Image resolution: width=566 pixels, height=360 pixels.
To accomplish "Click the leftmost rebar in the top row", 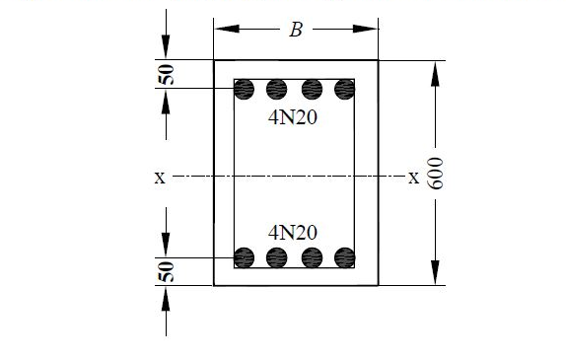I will pos(244,90).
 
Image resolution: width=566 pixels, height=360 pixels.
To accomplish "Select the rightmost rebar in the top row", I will pos(344,90).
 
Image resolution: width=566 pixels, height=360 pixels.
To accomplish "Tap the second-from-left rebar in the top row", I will pos(277,90).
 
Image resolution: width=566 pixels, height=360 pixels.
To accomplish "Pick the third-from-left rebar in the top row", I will pos(311,90).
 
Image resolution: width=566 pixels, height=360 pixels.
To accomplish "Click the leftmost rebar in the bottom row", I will pos(244,257).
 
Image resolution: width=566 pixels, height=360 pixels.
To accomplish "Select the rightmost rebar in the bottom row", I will pos(344,257).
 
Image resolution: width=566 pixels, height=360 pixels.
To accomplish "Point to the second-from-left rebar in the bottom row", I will pos(277,257).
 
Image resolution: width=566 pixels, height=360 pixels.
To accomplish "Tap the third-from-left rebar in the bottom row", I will pos(311,257).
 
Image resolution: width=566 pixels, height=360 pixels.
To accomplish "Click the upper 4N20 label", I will pos(293,116).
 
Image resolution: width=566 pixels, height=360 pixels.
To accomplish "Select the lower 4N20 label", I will pos(293,233).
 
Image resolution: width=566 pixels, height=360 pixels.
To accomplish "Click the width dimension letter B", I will pos(295,30).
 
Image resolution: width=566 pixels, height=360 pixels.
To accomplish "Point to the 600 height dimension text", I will pos(437,176).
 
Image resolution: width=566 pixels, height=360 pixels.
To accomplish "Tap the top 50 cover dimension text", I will pos(168,75).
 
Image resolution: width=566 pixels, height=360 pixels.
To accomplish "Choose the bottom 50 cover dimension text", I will pos(168,272).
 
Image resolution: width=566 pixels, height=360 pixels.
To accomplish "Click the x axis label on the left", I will pos(159,179).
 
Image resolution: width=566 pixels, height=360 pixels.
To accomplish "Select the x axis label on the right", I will pos(413,179).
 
